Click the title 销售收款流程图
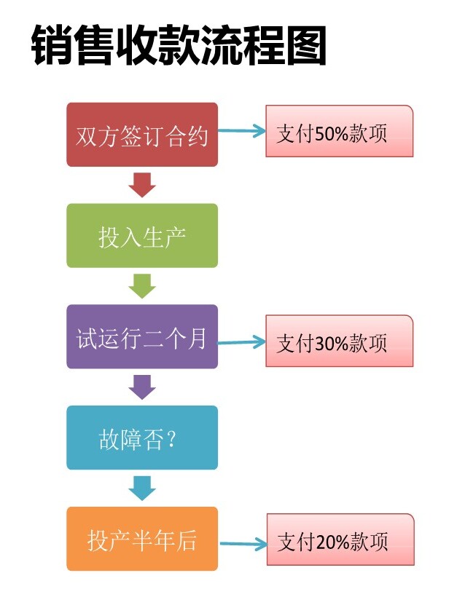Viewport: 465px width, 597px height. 179,47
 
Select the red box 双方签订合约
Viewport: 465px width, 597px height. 142,135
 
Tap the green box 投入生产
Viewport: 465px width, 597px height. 142,236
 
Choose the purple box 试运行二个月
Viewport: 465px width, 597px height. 142,337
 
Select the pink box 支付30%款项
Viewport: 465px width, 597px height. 339,341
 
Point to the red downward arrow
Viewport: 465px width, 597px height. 142,185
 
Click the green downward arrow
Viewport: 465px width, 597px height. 142,285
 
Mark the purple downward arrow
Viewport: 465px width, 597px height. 142,387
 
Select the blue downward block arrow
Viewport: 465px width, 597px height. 142,488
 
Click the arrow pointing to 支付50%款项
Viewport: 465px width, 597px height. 241,132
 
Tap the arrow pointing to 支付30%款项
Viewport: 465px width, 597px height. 241,341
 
